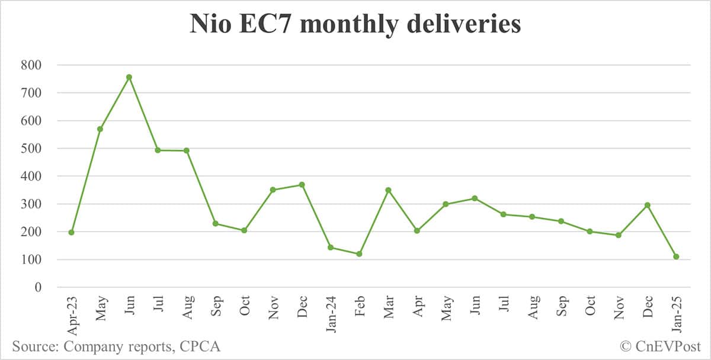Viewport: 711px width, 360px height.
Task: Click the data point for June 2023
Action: tap(129, 77)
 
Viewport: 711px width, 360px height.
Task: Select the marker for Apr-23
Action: tap(71, 232)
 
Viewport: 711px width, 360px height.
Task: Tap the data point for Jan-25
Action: tap(676, 256)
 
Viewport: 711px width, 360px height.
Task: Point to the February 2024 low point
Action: tap(359, 254)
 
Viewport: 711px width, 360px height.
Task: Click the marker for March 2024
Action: tap(388, 190)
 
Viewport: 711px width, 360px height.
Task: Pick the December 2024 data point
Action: tap(647, 205)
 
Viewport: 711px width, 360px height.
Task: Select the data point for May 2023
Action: tap(100, 128)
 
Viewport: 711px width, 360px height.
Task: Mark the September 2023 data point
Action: tap(215, 223)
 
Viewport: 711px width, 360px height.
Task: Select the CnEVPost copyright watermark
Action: tap(661, 346)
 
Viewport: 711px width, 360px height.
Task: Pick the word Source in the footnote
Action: tap(34, 346)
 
